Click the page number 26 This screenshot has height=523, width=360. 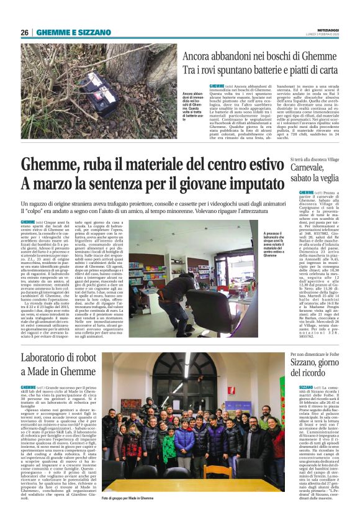25,32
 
